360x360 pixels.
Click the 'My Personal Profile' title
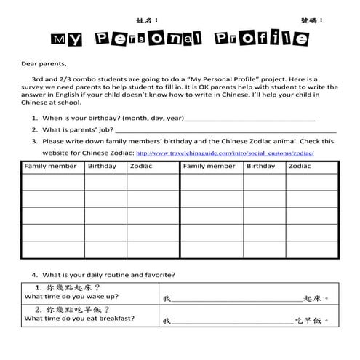[x=180, y=39]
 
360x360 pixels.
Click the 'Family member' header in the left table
[x=50, y=167]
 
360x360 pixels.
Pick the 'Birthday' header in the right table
[x=260, y=167]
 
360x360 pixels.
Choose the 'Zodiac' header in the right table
[x=300, y=167]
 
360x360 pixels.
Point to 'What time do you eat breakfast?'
[x=79, y=319]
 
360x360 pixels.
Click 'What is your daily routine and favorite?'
[x=108, y=275]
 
